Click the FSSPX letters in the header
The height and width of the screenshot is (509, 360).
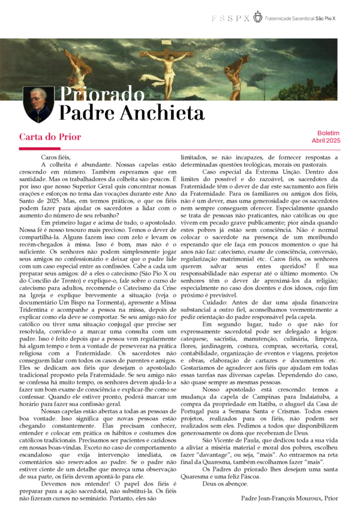(x=230, y=19)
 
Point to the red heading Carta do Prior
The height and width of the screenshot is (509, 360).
(x=50, y=137)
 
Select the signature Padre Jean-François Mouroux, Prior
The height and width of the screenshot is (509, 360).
(x=290, y=498)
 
